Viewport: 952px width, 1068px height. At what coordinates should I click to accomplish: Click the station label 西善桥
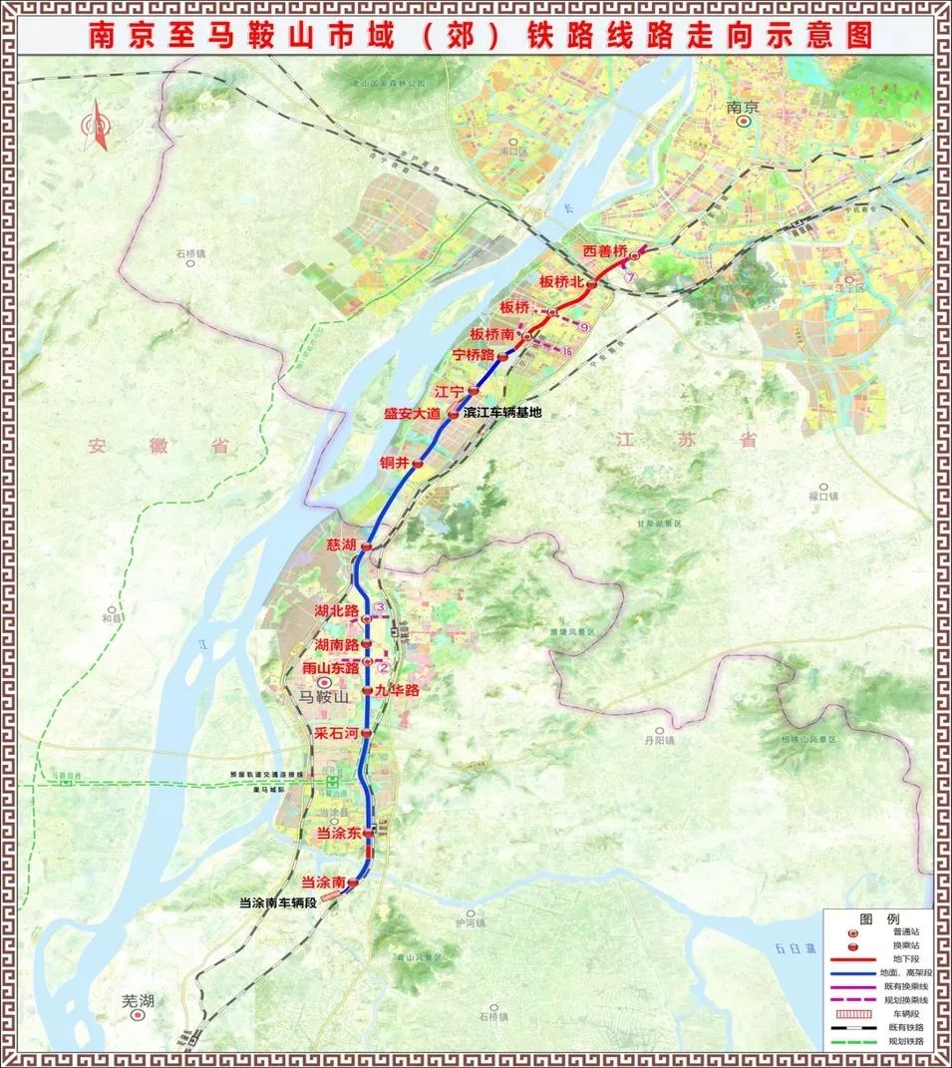(605, 250)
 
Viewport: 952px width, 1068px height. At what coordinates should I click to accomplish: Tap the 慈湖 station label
(341, 544)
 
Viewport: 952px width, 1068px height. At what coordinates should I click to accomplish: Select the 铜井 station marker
(419, 464)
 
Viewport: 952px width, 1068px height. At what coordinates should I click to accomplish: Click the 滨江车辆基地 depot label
(502, 413)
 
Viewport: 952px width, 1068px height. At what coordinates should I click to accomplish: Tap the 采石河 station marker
(366, 733)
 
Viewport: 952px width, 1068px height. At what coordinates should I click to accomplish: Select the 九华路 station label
(397, 690)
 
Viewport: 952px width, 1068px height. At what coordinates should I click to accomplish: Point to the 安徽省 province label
(158, 446)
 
